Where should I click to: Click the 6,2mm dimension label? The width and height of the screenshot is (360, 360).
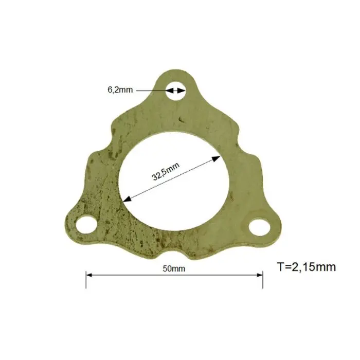point(120,89)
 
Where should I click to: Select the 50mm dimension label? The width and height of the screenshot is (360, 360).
point(174,268)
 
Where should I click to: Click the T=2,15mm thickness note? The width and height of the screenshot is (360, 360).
point(307,267)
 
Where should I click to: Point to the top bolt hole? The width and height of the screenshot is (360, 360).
point(176,91)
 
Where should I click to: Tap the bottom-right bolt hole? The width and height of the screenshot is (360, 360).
point(259,227)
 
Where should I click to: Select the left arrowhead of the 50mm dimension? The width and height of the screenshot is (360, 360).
point(89,275)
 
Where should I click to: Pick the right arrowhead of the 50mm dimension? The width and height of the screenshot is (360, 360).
point(260,275)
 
